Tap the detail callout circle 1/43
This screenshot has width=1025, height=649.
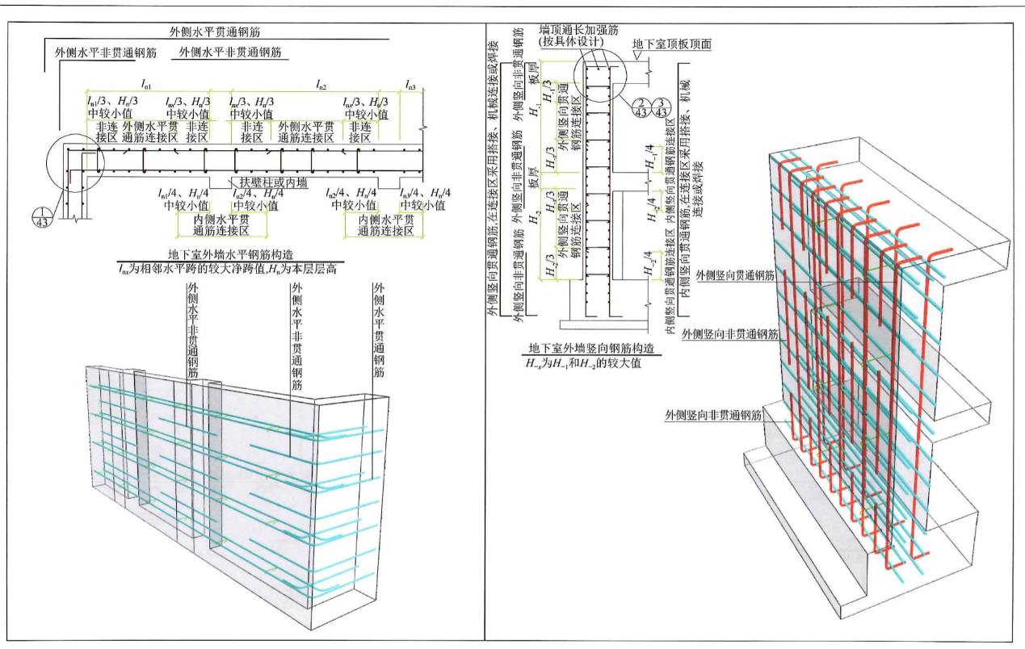[41, 217]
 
